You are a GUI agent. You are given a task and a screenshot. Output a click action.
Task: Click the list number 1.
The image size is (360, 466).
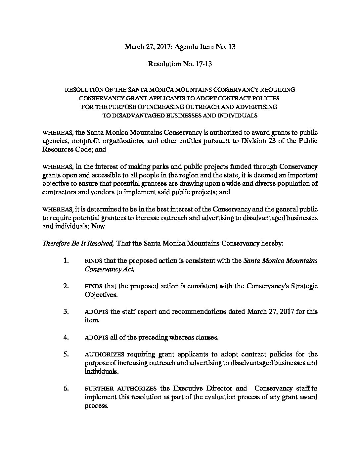coord(66,261)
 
